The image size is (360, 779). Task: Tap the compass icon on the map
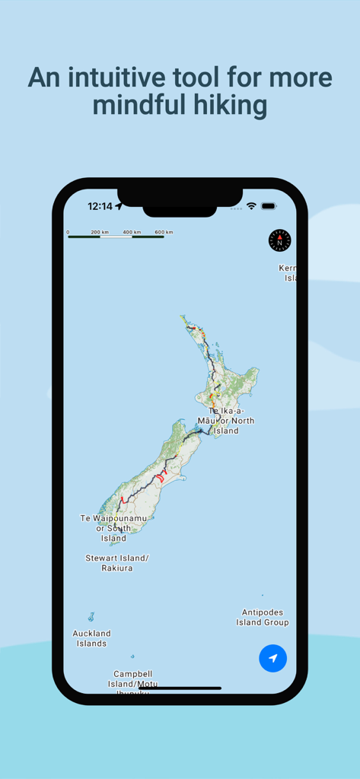coord(279,240)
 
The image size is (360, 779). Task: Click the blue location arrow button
coord(272,658)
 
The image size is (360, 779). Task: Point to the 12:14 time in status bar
coord(100,206)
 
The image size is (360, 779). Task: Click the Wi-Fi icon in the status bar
coord(251,206)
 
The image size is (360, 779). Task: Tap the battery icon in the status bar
coord(269,206)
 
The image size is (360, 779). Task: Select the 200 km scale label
coord(100,232)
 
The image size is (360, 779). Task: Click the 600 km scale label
coord(164,232)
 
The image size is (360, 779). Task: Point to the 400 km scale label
coord(132,232)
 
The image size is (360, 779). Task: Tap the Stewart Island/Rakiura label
coord(117,563)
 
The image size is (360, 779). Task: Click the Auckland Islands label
coord(91,638)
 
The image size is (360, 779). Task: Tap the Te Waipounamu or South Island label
coord(113,528)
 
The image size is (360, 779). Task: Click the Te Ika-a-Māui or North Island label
coord(226,421)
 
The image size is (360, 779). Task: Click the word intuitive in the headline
coord(132,78)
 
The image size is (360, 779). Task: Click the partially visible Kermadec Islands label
coord(288,273)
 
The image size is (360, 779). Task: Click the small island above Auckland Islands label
coord(91,617)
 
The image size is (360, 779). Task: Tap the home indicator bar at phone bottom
coord(180,688)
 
